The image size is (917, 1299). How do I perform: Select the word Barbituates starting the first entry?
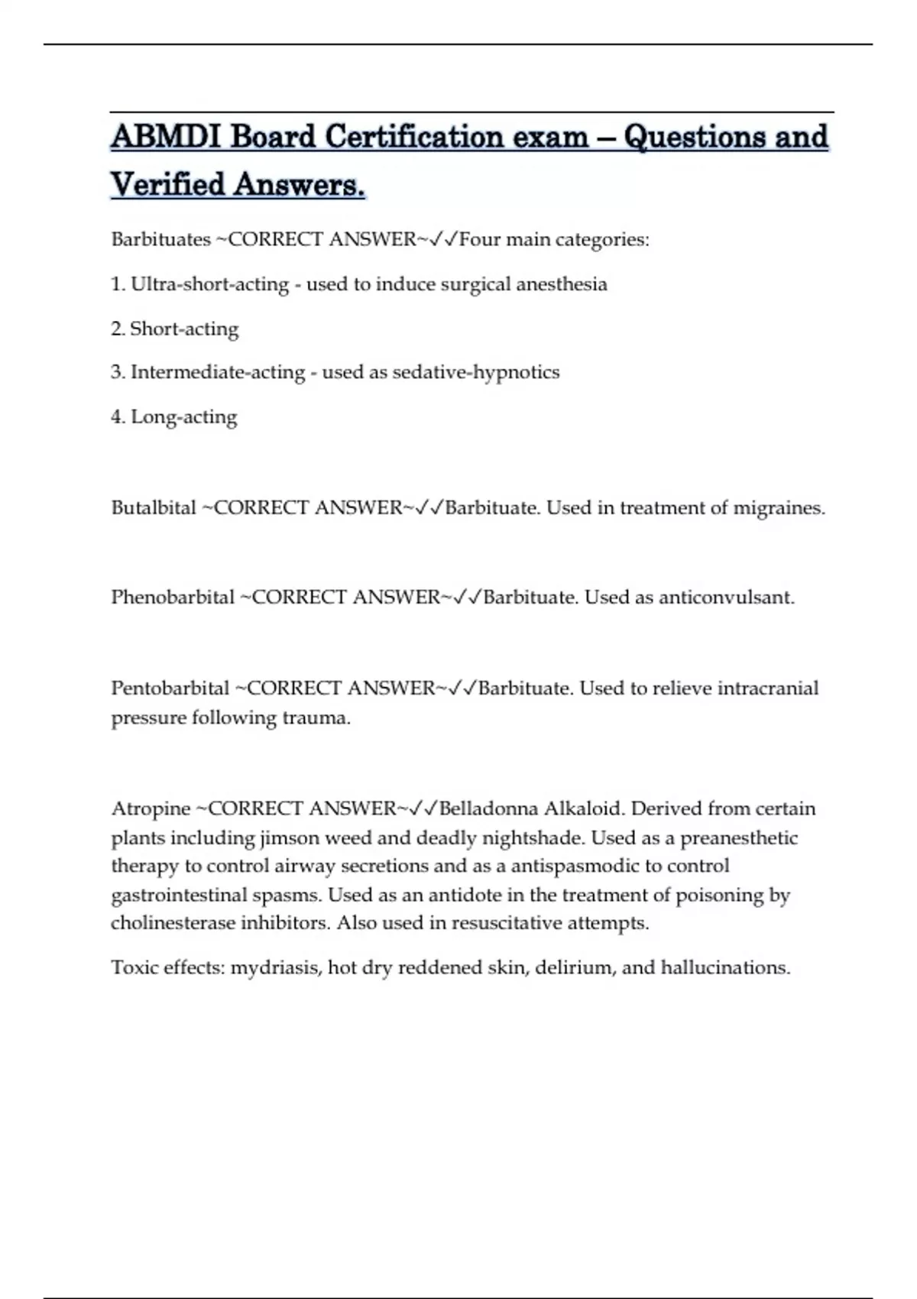pos(160,240)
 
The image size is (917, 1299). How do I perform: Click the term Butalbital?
pos(154,508)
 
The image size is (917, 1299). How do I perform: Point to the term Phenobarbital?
pos(173,598)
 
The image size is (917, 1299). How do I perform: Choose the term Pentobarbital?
pos(170,688)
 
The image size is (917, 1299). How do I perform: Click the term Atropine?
pos(151,808)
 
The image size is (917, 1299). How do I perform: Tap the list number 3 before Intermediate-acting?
pos(117,372)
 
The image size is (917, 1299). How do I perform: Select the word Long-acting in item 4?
pos(184,417)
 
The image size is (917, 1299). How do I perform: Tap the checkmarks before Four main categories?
pos(444,240)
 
